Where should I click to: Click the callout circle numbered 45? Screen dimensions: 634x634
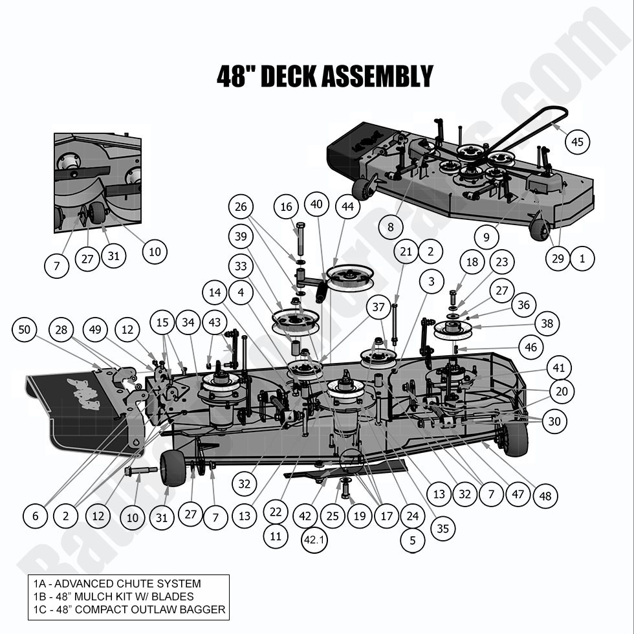578,142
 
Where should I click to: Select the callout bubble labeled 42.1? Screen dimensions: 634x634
314,540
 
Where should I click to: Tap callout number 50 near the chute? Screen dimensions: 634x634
25,330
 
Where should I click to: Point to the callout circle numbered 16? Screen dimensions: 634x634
287,207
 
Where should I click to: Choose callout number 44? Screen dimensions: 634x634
347,207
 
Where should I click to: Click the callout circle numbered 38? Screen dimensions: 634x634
547,323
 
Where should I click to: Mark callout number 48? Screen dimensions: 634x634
545,496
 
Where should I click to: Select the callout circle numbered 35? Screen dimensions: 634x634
443,529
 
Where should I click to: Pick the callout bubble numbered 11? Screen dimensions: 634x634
276,536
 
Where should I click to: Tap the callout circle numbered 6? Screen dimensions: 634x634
36,516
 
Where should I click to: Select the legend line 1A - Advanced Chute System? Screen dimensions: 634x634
117,584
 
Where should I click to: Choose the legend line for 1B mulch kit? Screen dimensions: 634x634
113,596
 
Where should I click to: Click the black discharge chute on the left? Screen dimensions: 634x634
71,414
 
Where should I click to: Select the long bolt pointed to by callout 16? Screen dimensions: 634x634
300,241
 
